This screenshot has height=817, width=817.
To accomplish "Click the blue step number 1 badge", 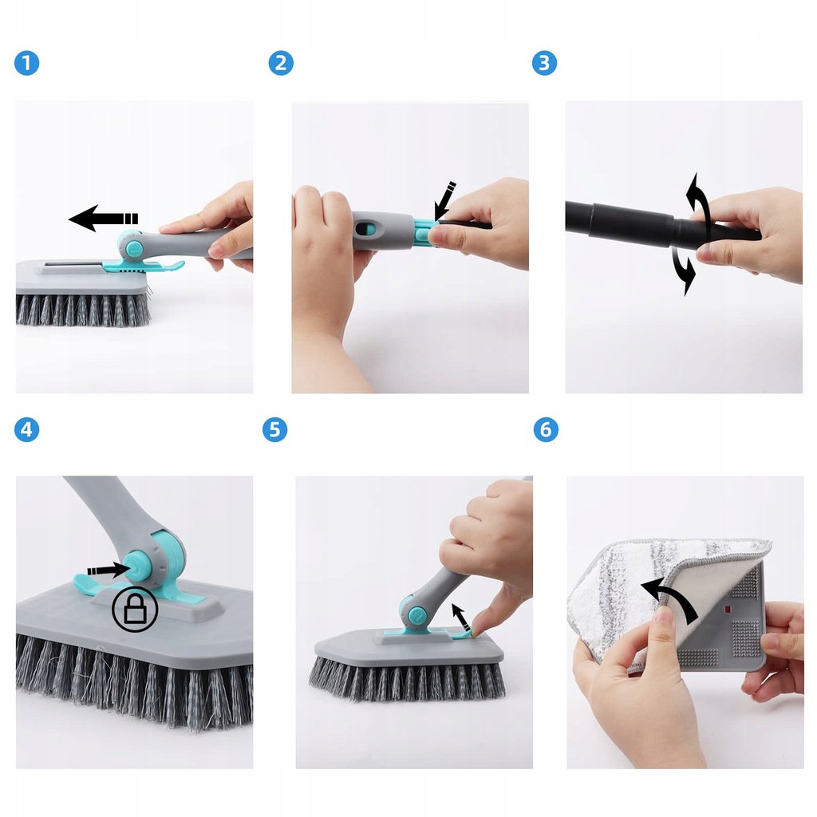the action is pyautogui.click(x=26, y=63).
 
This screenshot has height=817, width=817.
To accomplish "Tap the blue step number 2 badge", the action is pyautogui.click(x=281, y=63).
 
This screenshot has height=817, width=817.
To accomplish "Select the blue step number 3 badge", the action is pyautogui.click(x=544, y=63).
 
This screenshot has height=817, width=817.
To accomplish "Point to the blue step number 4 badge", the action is pyautogui.click(x=26, y=430).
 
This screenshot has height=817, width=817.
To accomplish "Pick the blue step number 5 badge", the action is pyautogui.click(x=274, y=430).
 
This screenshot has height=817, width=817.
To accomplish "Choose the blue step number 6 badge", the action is pyautogui.click(x=546, y=430).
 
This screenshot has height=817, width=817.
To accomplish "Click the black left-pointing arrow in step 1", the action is pyautogui.click(x=103, y=218).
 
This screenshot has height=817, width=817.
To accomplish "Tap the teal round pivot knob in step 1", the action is pyautogui.click(x=133, y=247).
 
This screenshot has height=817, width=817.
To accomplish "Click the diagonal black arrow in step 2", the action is pyautogui.click(x=444, y=200).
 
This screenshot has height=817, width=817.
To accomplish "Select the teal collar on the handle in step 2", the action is pyautogui.click(x=426, y=232).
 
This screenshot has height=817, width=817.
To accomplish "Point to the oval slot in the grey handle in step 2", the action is pyautogui.click(x=365, y=229).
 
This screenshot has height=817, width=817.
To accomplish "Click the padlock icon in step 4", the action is pyautogui.click(x=135, y=609).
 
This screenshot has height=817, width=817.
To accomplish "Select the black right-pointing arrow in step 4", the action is pyautogui.click(x=108, y=570).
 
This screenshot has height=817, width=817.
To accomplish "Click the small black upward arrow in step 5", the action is pyautogui.click(x=461, y=617).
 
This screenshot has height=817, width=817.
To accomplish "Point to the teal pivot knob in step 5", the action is pyautogui.click(x=415, y=615).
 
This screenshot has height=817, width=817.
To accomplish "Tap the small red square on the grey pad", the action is pyautogui.click(x=728, y=609).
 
